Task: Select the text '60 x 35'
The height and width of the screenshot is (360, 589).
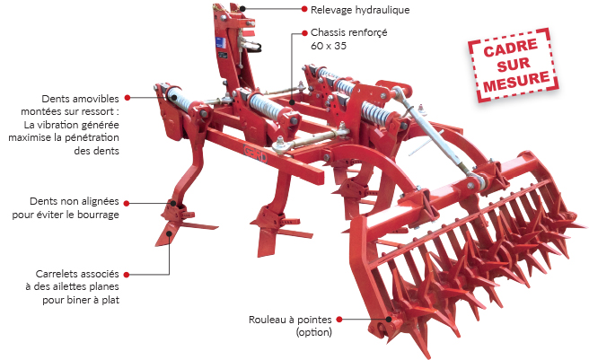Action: click(329, 45)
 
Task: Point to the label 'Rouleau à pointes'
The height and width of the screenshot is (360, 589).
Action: click(289, 320)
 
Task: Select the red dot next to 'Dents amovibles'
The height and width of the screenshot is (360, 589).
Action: click(127, 97)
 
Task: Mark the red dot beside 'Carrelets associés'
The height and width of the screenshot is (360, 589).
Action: click(127, 273)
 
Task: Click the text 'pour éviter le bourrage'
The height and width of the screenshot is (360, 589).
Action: click(66, 215)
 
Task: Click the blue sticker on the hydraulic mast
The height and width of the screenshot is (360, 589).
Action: click(220, 48)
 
